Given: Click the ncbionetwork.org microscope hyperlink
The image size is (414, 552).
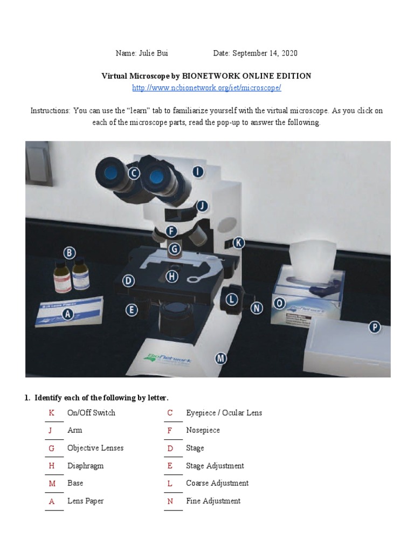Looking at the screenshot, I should pyautogui.click(x=206, y=87).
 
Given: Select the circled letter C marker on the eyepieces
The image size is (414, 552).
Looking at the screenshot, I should pyautogui.click(x=134, y=173).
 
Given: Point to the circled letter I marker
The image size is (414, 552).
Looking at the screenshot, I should pyautogui.click(x=198, y=172).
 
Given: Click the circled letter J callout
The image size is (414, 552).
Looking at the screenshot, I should pyautogui.click(x=202, y=206).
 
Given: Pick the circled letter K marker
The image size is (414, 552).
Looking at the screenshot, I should pyautogui.click(x=238, y=243).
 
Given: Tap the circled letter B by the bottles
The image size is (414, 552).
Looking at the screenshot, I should pyautogui.click(x=68, y=252).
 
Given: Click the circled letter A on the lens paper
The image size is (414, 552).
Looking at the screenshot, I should pyautogui.click(x=68, y=314).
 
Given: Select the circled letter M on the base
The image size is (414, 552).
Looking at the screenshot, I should pyautogui.click(x=220, y=357).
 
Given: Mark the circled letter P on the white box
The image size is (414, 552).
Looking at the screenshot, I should pyautogui.click(x=374, y=327).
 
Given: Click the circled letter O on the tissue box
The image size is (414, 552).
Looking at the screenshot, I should pyautogui.click(x=279, y=303).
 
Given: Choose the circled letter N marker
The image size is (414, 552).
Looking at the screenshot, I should pyautogui.click(x=257, y=308).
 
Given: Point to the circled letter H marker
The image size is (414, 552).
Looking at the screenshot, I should pyautogui.click(x=172, y=277).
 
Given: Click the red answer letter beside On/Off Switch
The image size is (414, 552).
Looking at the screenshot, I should pyautogui.click(x=52, y=413).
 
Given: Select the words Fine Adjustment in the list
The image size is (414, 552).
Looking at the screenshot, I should pyautogui.click(x=213, y=501).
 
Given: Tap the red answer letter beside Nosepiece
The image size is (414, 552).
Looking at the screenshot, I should pyautogui.click(x=170, y=431).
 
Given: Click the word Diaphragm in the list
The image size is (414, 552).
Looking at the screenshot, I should pyautogui.click(x=85, y=466).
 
